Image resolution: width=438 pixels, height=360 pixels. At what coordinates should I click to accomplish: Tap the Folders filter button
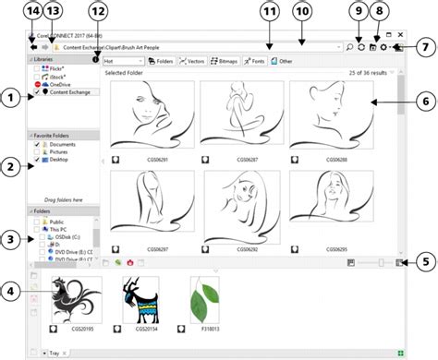[x=160, y=61]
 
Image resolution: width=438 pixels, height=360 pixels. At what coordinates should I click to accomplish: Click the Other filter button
[x=283, y=61]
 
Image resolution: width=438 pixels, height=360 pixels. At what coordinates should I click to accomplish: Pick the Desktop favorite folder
[x=60, y=160]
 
